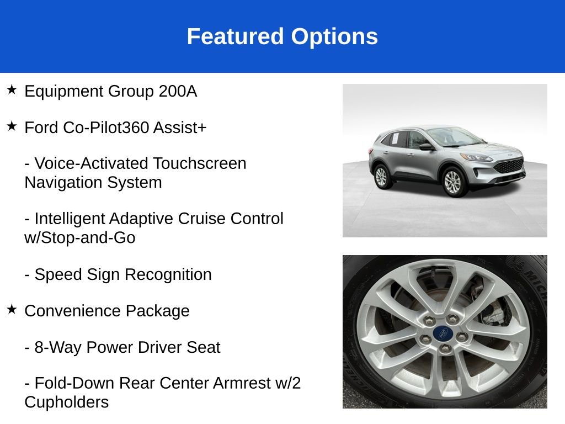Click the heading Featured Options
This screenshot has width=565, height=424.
coord(282,36)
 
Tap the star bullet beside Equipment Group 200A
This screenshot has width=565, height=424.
coord(12,89)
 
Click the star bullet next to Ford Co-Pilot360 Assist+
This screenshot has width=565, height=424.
coord(12,126)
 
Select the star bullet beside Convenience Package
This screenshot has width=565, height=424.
coord(12,309)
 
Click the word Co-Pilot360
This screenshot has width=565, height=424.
coord(106,128)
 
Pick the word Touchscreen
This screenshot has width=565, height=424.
coord(200,163)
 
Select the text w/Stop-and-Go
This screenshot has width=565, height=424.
coord(80,238)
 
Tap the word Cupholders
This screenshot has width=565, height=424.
coord(66,402)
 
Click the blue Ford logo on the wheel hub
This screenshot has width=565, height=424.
coord(441,333)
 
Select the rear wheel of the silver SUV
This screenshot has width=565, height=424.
coord(381,176)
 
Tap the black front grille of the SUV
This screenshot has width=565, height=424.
coord(508,165)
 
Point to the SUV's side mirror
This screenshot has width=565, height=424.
coord(425,147)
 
